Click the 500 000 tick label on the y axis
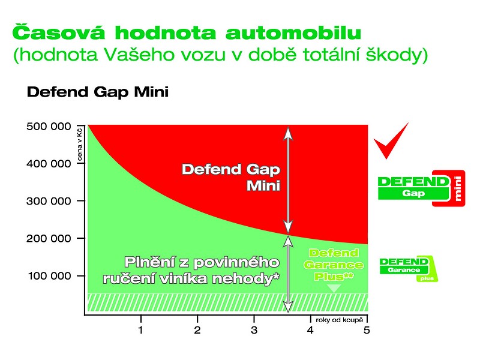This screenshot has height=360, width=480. coord(49,127)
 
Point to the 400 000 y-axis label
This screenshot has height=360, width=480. coord(49,164)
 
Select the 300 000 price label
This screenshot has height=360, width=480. coord(49,201)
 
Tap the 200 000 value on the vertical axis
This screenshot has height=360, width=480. coord(49,238)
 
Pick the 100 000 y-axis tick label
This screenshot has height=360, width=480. coord(49,276)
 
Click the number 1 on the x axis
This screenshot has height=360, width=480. coord(140,330)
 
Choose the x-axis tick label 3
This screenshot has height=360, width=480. coord(254,330)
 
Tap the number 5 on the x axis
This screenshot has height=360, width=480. coord(367,330)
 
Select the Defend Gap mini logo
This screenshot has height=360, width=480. coord(422,188)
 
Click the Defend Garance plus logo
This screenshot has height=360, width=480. coord(409,269)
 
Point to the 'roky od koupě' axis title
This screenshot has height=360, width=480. coord(339,320)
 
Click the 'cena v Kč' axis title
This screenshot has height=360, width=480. coord(80,145)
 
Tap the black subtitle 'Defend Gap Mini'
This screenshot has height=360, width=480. coord(98,92)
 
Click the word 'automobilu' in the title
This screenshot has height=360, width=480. coord(293,32)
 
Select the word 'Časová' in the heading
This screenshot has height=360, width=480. coord(58,32)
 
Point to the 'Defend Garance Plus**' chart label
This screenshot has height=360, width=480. coord(334,265)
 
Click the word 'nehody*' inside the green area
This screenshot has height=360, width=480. coord(246,279)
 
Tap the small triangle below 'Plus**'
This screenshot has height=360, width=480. coord(334,288)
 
